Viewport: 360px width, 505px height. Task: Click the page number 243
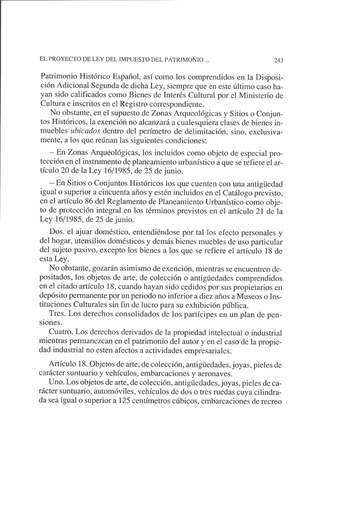pyautogui.click(x=279, y=60)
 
